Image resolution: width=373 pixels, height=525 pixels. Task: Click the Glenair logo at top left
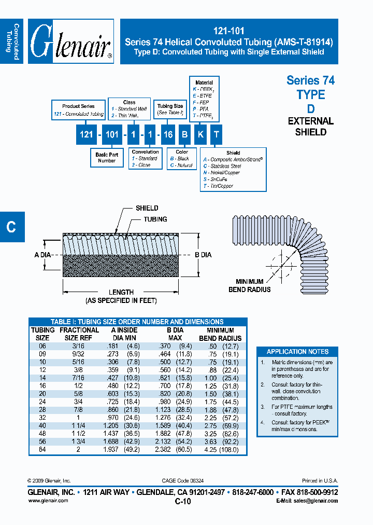tap(71, 41)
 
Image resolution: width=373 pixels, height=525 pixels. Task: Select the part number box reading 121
tap(87, 134)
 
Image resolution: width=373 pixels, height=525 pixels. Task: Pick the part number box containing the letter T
tap(217, 134)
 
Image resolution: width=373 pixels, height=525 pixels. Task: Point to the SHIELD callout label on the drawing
tap(147, 208)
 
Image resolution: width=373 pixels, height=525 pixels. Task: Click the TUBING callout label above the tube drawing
tap(155, 219)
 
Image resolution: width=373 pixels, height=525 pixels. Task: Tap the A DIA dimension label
tap(44, 255)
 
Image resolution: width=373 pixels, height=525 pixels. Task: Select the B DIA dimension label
tap(203, 255)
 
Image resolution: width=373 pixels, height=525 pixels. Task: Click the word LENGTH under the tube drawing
tap(121, 292)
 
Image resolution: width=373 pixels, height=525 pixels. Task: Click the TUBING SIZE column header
tap(42, 334)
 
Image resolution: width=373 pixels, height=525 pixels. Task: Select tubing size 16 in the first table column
tap(42, 385)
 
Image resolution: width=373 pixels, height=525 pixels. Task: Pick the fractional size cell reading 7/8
tap(79, 410)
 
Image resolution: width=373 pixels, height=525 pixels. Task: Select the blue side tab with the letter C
tap(11, 227)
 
